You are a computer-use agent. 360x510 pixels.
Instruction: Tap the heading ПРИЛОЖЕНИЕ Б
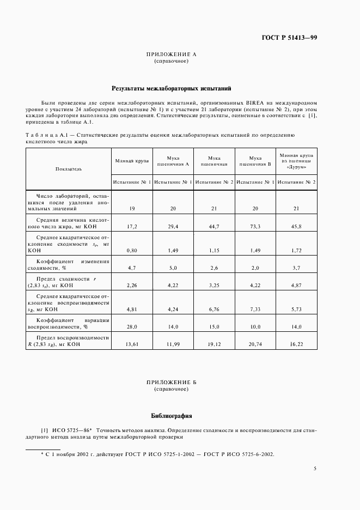172,382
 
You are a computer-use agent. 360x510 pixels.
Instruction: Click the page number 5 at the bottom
315,468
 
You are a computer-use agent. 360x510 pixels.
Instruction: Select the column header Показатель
69,169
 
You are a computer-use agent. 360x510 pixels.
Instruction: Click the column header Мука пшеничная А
173,160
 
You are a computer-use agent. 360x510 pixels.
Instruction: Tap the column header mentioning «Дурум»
296,162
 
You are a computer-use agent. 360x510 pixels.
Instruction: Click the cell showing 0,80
131,250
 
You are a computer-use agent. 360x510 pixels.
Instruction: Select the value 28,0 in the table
131,327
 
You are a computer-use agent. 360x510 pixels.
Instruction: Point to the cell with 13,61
131,344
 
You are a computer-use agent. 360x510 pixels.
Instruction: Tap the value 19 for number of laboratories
131,208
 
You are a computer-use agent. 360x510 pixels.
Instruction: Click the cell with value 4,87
296,284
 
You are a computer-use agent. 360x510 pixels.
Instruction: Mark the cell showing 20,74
255,344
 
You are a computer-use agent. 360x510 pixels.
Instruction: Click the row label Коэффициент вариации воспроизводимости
69,324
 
